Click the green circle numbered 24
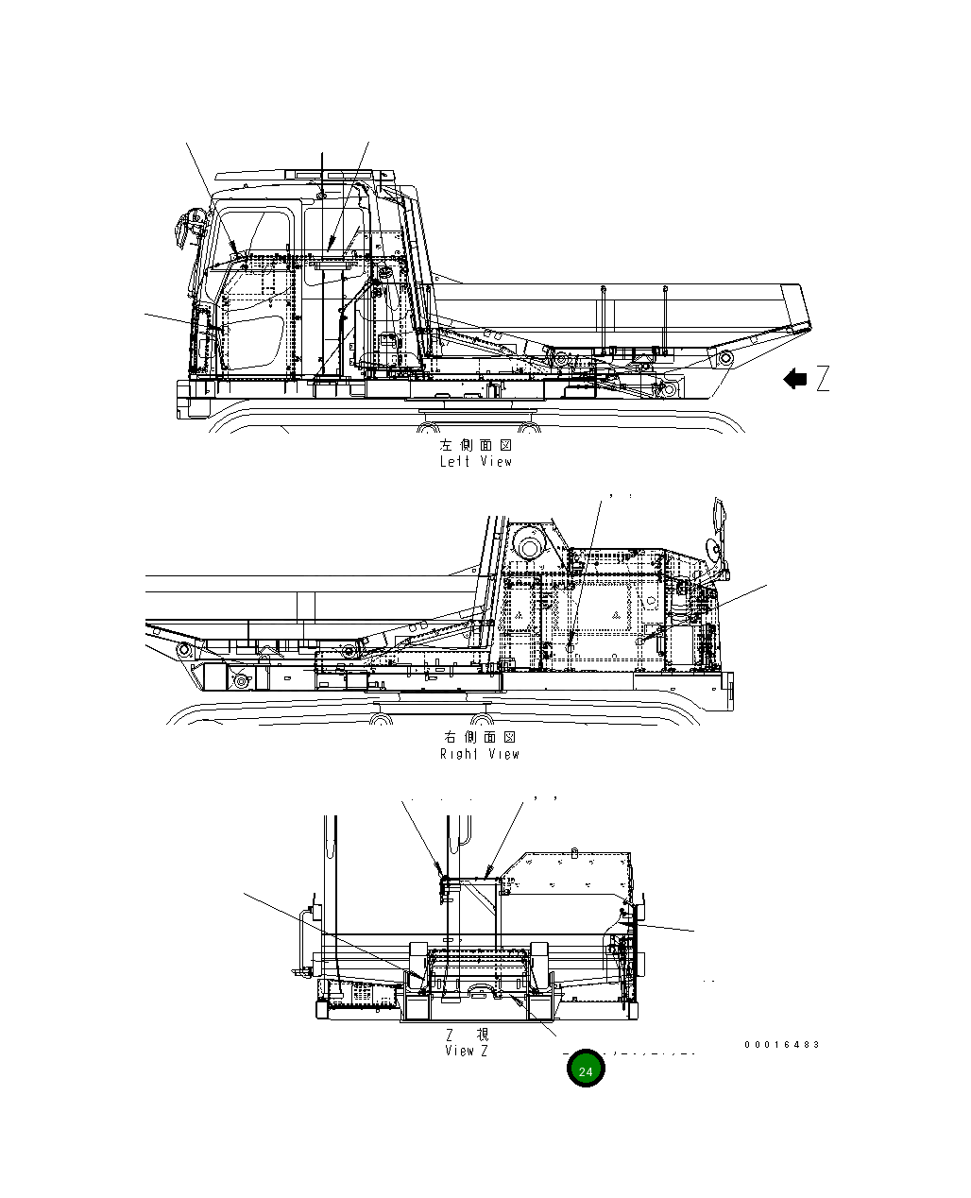(586, 1070)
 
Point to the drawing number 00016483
(781, 1044)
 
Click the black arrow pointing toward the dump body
(795, 379)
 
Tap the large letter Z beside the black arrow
(823, 379)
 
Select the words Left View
(476, 462)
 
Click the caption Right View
(480, 754)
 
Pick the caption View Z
(467, 1051)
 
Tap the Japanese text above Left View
(476, 445)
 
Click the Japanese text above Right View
(480, 737)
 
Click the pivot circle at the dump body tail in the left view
(724, 359)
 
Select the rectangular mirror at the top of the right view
(721, 514)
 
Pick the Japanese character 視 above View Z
(482, 1035)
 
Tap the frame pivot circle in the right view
(240, 677)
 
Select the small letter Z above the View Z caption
(451, 1035)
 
